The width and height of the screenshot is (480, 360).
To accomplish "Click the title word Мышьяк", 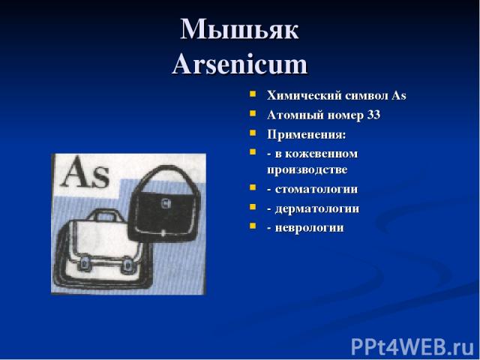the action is pyautogui.click(x=239, y=29).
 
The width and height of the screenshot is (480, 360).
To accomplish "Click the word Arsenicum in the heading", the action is pyautogui.click(x=240, y=64).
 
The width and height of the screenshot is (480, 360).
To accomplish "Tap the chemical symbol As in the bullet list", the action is pyautogui.click(x=399, y=95).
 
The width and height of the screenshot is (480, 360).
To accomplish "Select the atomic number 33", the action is pyautogui.click(x=373, y=115).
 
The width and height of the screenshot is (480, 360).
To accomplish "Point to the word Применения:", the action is pyautogui.click(x=307, y=134).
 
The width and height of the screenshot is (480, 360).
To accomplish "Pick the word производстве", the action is pyautogui.click(x=307, y=170).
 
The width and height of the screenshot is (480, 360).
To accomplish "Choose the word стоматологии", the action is pyautogui.click(x=316, y=189).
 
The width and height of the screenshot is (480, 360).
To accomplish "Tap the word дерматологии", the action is pyautogui.click(x=317, y=208).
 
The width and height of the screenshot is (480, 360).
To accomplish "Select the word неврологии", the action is pyautogui.click(x=309, y=228).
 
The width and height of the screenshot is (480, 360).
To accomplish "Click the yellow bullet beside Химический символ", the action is pyautogui.click(x=253, y=94).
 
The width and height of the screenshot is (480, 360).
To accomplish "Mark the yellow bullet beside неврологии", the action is pyautogui.click(x=253, y=226).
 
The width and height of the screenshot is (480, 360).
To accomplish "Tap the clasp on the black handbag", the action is pyautogui.click(x=166, y=202).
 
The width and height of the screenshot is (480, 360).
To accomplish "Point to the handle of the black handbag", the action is pyautogui.click(x=165, y=176).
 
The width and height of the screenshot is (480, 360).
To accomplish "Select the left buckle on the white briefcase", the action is pyautogui.click(x=84, y=263).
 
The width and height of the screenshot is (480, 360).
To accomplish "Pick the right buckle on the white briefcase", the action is pyautogui.click(x=127, y=265).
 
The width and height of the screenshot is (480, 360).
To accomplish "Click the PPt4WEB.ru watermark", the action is pyautogui.click(x=412, y=346).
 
